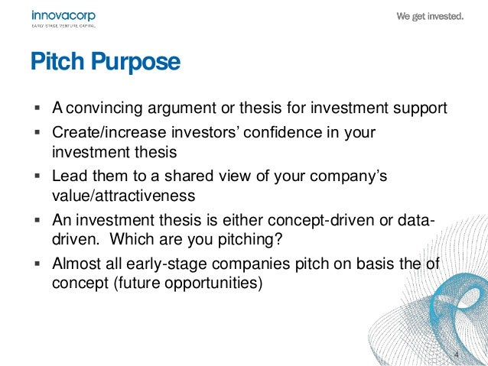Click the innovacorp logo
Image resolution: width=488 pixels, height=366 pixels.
coord(63,18)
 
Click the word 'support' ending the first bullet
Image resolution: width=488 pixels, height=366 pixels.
coord(421,108)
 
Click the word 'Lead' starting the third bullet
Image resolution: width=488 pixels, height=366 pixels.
coord(67,176)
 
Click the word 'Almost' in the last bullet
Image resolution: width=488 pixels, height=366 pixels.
coord(74,264)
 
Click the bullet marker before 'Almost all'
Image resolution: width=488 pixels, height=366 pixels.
coord(37,264)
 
